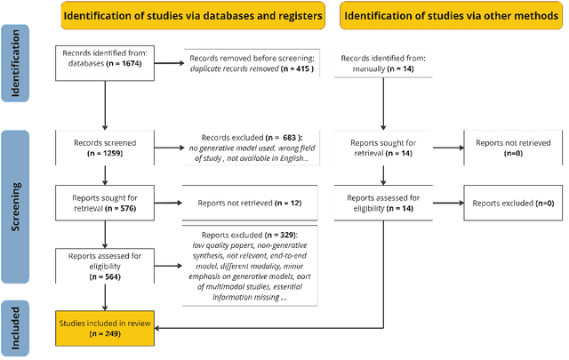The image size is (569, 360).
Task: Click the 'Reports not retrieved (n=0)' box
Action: (x=512, y=147)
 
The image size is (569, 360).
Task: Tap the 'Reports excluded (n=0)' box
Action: (x=512, y=203)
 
